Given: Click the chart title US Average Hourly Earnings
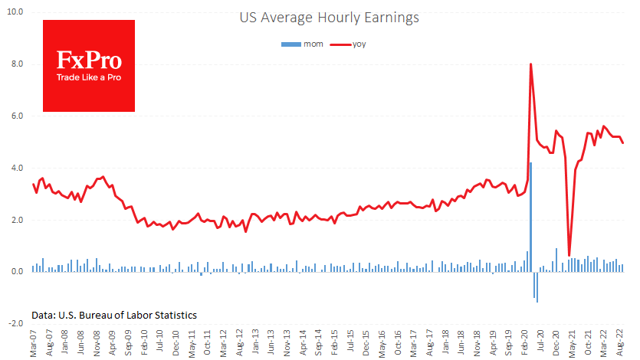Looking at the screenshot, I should coord(330,16).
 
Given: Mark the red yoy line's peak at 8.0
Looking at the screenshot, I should coord(530,64).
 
